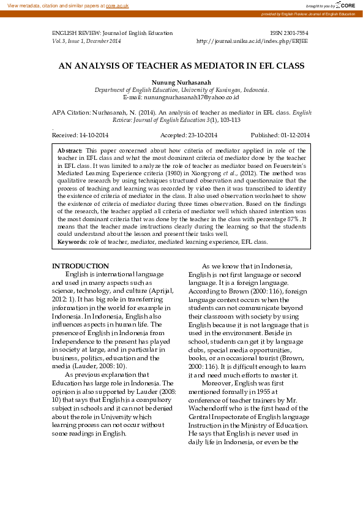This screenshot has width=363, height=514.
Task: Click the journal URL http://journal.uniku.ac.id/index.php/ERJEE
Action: (252, 41)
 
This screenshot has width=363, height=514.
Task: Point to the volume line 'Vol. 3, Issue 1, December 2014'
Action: (86, 41)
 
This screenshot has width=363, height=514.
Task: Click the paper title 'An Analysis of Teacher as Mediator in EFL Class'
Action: (181, 65)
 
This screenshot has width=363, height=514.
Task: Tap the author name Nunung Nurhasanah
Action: (181, 83)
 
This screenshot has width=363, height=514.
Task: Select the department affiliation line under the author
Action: (181, 90)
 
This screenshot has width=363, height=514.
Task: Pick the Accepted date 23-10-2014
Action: (202, 135)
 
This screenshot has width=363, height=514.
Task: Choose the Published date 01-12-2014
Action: (295, 135)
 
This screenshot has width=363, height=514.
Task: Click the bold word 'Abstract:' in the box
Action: (70, 150)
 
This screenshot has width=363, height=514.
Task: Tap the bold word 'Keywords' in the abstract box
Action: (72, 242)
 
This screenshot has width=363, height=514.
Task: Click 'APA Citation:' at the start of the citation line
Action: (71, 113)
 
